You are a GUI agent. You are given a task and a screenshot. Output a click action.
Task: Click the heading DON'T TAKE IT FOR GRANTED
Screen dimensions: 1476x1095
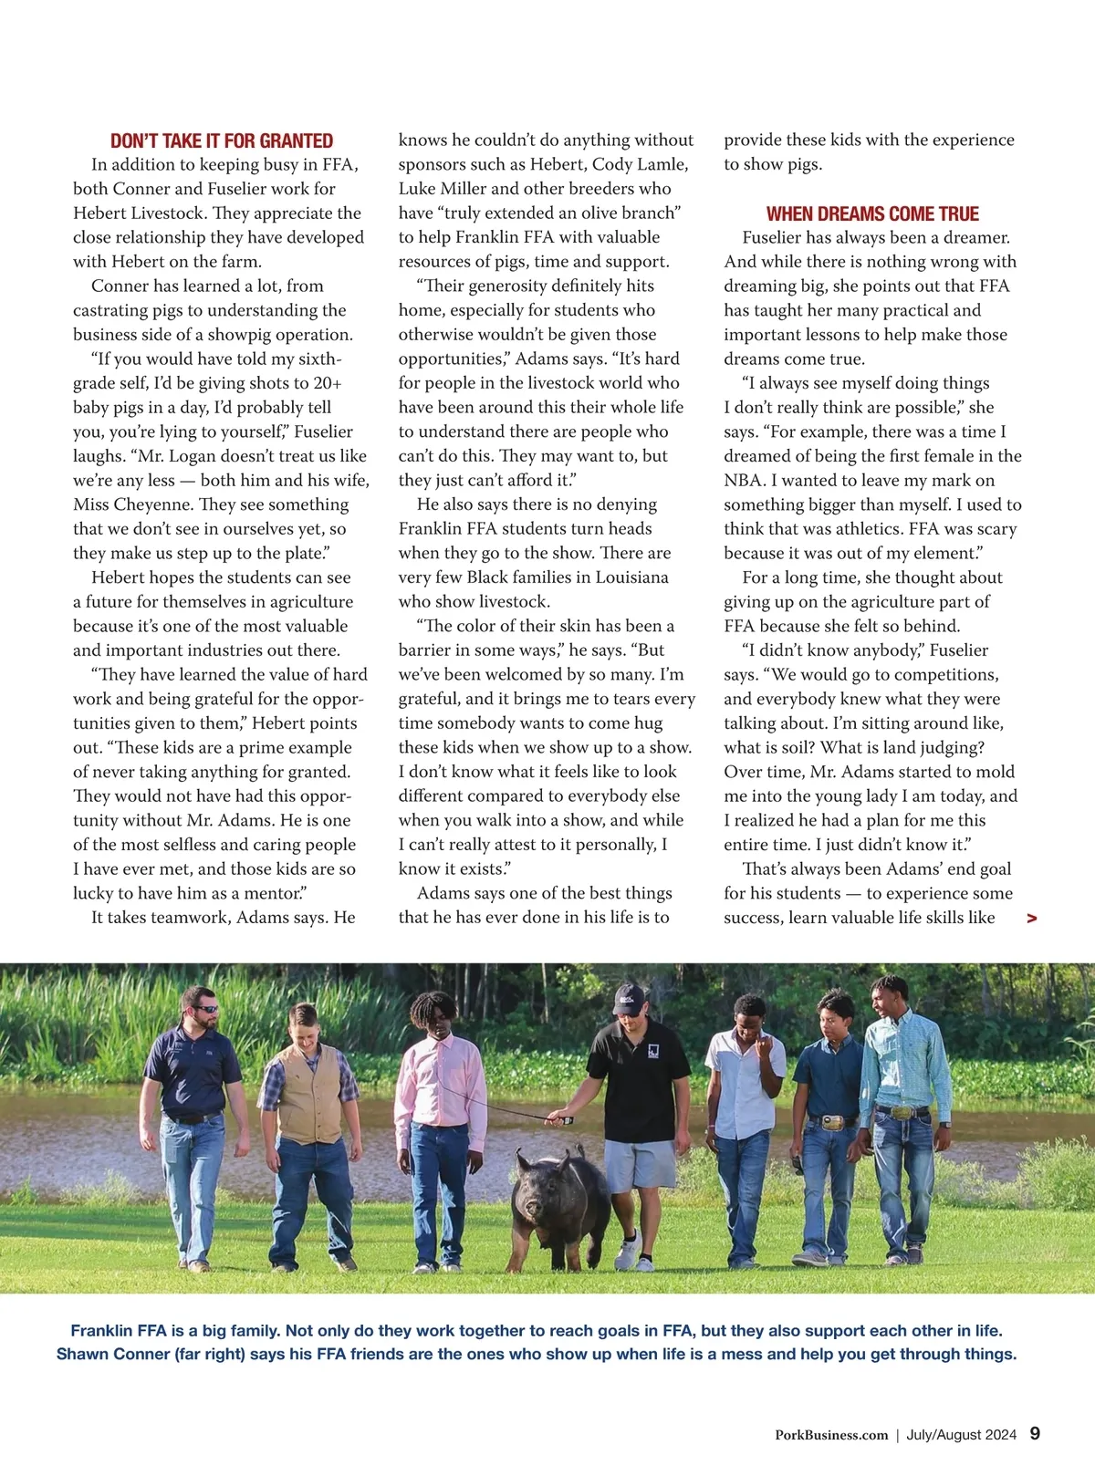[222, 141]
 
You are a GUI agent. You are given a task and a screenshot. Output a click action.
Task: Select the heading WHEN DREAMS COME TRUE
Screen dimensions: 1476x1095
[872, 214]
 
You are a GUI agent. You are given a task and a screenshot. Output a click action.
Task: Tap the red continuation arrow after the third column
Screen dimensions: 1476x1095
[1031, 919]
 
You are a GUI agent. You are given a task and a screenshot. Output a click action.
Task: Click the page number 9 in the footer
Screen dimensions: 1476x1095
[1035, 1433]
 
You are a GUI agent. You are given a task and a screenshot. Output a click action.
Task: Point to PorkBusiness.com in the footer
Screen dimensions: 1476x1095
[831, 1435]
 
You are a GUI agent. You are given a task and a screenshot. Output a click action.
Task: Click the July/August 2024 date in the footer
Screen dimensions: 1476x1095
[961, 1435]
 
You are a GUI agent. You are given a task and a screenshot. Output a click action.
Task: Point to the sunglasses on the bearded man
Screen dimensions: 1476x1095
[206, 1009]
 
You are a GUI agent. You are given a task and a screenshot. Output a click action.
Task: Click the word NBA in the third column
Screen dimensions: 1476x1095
[745, 481]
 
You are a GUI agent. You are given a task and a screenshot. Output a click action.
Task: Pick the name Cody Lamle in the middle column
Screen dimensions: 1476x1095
[640, 164]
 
